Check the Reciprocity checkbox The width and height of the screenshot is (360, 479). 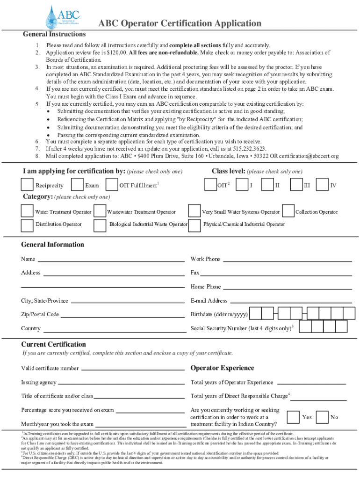[x=28, y=185]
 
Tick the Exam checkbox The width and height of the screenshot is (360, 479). [x=78, y=185]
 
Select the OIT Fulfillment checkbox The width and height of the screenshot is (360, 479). [x=112, y=185]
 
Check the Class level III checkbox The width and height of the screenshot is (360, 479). [x=296, y=185]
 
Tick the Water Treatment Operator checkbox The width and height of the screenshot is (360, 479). [x=28, y=211]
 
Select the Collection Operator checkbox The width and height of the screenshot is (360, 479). [x=288, y=211]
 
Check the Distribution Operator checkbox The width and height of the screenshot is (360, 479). [x=28, y=225]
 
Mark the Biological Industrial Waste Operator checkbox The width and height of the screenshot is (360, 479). [x=100, y=225]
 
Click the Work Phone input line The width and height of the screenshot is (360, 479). [x=287, y=260]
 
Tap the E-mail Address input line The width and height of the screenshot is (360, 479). [x=290, y=302]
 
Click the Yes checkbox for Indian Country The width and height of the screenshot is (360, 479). [x=293, y=417]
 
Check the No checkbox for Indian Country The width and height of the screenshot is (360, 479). [x=322, y=417]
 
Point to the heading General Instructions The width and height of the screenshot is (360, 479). [x=54, y=34]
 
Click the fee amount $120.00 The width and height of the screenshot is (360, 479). [x=116, y=52]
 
